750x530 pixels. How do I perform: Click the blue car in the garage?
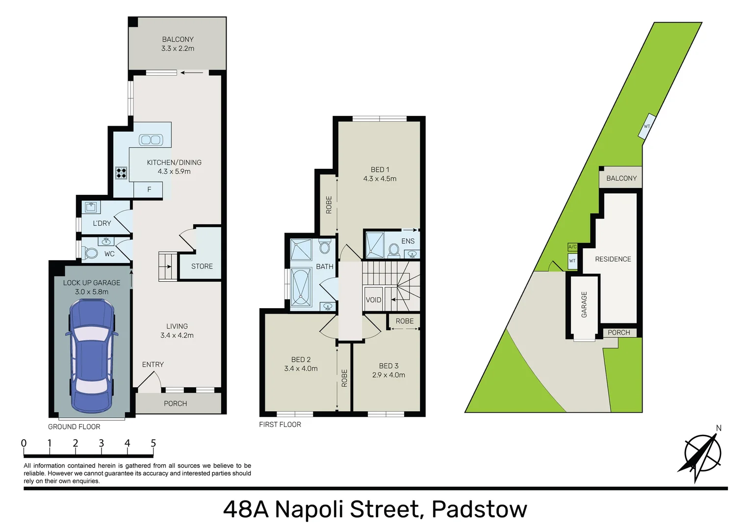coord(91,356)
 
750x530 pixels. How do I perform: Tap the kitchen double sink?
coord(151,140)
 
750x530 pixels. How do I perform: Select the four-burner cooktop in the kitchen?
coord(121,173)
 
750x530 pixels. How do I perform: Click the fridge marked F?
coord(149,189)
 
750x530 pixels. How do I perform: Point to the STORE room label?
coord(202,266)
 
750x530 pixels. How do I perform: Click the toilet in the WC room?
coord(90,254)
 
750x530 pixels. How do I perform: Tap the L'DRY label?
coord(102,223)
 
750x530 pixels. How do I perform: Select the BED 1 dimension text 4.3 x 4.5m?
coord(380,179)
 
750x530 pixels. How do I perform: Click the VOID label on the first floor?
coord(373,300)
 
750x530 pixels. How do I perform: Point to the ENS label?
coord(408,241)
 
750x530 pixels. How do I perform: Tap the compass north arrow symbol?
coord(702,453)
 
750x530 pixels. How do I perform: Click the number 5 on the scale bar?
coord(153,443)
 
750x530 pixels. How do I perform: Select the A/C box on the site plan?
coord(572,247)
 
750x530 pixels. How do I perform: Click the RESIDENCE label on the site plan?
coord(613,259)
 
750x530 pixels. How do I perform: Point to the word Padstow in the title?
coord(479,509)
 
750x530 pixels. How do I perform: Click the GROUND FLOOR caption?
coord(74,427)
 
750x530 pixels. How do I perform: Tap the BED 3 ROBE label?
coord(404,321)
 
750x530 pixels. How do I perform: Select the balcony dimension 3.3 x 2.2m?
coord(178,49)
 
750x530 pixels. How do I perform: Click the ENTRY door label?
coord(153,365)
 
